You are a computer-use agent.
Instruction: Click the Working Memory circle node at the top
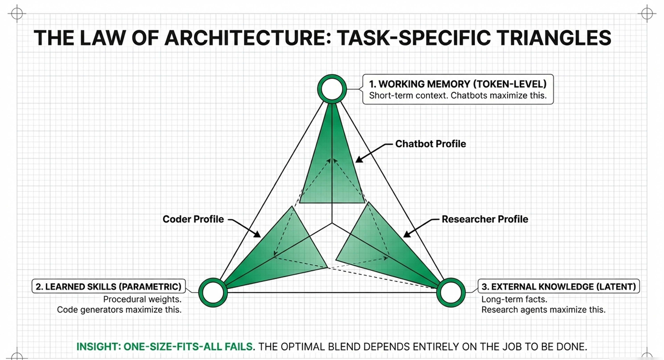332,89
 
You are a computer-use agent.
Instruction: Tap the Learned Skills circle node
213,292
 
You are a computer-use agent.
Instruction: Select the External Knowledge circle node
451,292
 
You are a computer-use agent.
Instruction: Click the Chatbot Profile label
431,144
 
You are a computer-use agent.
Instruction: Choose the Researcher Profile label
485,219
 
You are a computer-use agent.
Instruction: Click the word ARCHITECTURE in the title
247,38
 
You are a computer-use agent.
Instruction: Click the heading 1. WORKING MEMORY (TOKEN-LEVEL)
458,84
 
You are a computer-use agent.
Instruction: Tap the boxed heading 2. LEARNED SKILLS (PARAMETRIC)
109,286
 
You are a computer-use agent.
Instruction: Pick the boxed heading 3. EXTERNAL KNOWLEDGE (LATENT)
559,286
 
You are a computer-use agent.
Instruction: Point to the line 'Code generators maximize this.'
119,309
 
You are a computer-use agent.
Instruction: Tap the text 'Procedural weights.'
142,299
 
